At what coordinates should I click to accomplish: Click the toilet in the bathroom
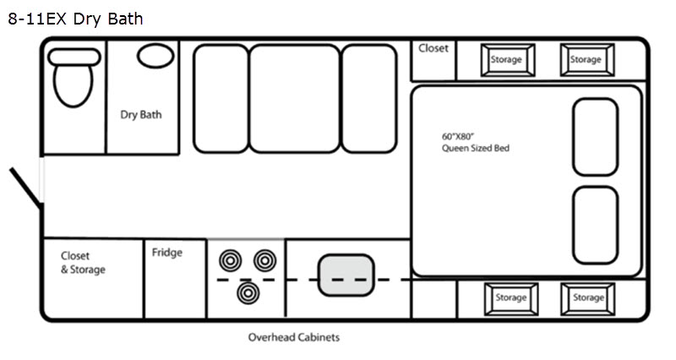72,81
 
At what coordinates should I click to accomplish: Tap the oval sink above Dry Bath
155,57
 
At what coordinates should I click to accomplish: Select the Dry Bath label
141,115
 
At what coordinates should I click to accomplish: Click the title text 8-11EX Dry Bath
76,19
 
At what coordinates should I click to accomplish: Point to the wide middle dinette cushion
294,97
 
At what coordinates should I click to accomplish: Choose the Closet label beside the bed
433,49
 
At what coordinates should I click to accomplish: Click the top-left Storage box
508,60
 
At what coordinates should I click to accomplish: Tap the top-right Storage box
586,60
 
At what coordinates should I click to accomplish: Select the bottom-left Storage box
511,297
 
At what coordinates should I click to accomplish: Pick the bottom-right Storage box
587,297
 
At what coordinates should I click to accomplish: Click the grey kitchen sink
346,275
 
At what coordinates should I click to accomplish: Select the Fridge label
167,253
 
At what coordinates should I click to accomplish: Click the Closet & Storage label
83,263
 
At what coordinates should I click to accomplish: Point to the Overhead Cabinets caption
293,337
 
